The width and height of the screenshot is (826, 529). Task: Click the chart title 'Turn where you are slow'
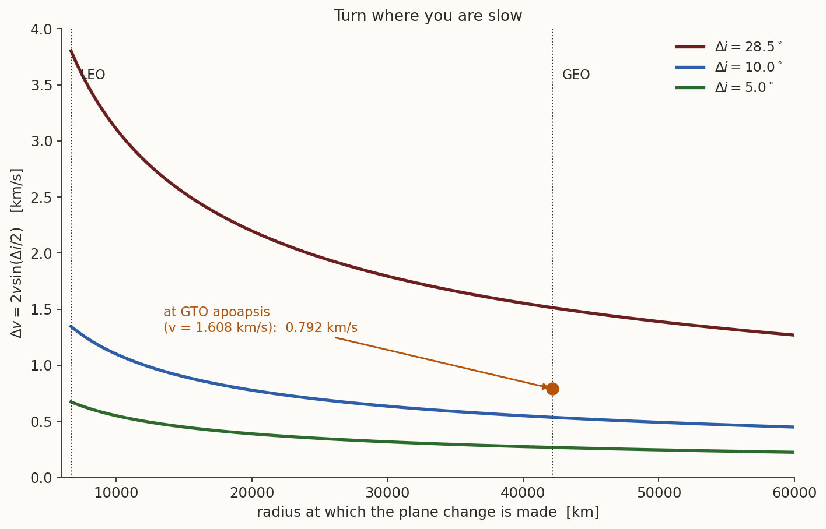pyautogui.click(x=428, y=16)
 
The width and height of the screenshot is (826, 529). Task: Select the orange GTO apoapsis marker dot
pyautogui.click(x=552, y=389)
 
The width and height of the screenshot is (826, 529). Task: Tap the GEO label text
pyautogui.click(x=576, y=75)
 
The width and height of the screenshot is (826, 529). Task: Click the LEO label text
pyautogui.click(x=93, y=75)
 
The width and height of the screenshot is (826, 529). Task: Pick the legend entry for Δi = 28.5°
pyautogui.click(x=729, y=47)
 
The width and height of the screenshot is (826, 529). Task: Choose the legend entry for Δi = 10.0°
pyautogui.click(x=729, y=67)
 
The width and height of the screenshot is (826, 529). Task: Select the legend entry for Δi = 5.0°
pyautogui.click(x=724, y=87)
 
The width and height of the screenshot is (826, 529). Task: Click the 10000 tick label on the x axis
pyautogui.click(x=116, y=492)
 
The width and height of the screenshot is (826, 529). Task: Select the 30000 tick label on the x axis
pyautogui.click(x=387, y=492)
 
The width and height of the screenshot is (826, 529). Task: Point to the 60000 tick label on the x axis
pyautogui.click(x=794, y=492)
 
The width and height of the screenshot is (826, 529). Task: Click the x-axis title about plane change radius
pyautogui.click(x=428, y=512)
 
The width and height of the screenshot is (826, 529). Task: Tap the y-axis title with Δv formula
pyautogui.click(x=16, y=253)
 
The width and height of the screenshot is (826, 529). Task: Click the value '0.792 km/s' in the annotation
pyautogui.click(x=321, y=327)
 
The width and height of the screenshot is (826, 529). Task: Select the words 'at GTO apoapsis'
pyautogui.click(x=217, y=312)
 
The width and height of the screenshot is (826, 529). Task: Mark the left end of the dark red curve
pyautogui.click(x=71, y=50)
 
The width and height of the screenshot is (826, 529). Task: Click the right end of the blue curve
pyautogui.click(x=794, y=427)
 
